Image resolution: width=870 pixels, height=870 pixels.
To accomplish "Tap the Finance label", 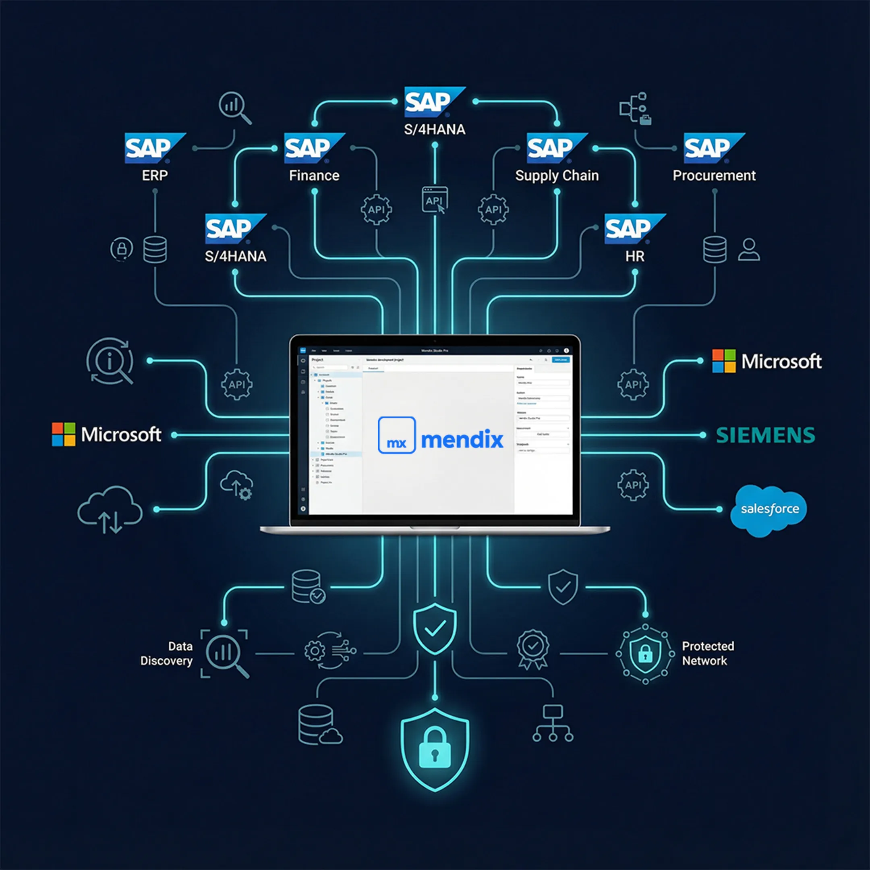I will [x=314, y=176].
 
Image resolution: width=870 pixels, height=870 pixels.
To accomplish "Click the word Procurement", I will [x=714, y=176].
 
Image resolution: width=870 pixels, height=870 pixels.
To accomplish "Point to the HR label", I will [x=634, y=257].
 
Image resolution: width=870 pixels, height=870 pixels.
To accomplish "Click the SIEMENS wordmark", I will [x=765, y=435].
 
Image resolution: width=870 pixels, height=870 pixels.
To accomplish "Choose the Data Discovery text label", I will [x=167, y=653].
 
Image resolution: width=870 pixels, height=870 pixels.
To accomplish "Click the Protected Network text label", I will [x=707, y=653].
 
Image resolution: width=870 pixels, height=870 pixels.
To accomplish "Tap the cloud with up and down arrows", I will [x=110, y=510].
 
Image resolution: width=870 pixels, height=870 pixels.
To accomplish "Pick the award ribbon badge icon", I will [x=533, y=649].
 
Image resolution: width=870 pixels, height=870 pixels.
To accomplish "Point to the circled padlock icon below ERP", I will [x=122, y=249].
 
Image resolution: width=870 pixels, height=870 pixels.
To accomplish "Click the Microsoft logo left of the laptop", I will [x=107, y=435].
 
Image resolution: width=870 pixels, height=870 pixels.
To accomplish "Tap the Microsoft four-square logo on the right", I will [x=724, y=361].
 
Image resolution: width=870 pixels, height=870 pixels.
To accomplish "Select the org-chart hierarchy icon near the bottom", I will [x=553, y=724].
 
